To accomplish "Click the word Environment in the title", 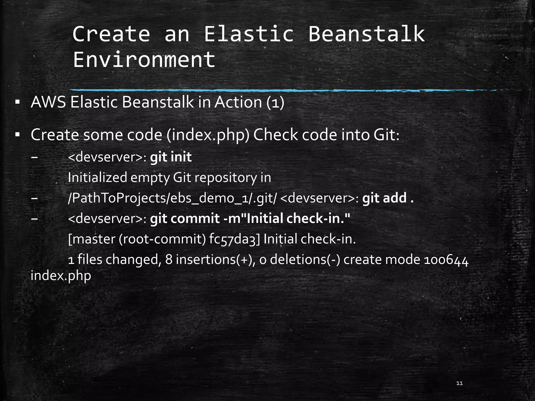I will (144, 60).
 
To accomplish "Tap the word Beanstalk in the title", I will (366, 34).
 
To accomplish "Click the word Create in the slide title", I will (111, 34).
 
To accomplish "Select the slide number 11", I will (460, 383).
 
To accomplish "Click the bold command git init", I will (171, 157).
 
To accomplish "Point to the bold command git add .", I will (388, 198).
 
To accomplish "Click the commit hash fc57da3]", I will (235, 239).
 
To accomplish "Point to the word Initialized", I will (97, 178).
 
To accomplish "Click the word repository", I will (226, 178).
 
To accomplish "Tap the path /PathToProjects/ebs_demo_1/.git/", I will (172, 198).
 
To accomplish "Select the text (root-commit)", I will (162, 239).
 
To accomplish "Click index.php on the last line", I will (61, 276).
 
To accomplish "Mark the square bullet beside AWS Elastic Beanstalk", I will (18, 102).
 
